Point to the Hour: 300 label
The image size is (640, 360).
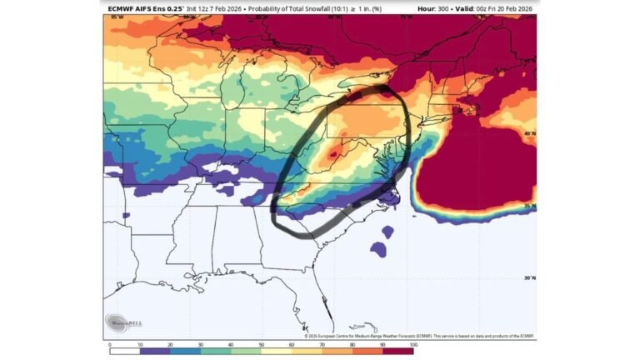click(x=433, y=8)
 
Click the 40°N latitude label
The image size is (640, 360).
click(x=530, y=133)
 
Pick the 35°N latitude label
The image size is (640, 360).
click(x=530, y=205)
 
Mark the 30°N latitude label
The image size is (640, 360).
click(x=530, y=278)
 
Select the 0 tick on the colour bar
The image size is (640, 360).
click(x=110, y=343)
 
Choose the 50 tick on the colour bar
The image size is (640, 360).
click(x=262, y=343)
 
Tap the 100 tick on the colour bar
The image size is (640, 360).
click(x=412, y=343)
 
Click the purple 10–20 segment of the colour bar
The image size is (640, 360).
click(x=155, y=351)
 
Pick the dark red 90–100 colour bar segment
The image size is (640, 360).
click(x=397, y=351)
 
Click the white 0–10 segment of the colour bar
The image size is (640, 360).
click(x=125, y=351)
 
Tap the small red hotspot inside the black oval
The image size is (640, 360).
click(x=332, y=154)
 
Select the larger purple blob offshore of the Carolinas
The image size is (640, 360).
click(x=379, y=249)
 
